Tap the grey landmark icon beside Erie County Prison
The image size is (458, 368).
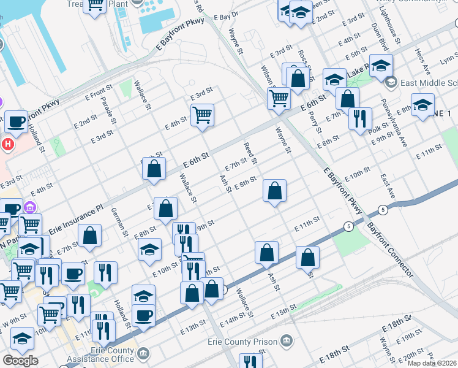click(x=286, y=341)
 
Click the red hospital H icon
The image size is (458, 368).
click(x=7, y=145)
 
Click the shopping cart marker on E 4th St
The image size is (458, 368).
click(x=202, y=113)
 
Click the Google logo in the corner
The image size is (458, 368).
click(x=20, y=361)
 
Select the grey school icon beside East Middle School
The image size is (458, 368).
click(x=390, y=82)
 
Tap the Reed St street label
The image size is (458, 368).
click(x=249, y=154)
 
